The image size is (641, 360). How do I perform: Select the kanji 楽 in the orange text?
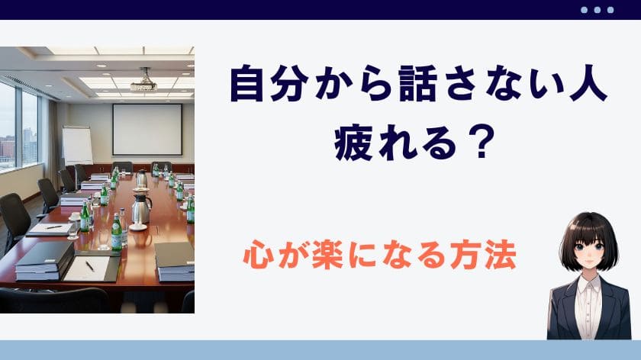[x=327, y=255]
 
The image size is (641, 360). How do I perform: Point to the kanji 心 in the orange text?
[x=259, y=255]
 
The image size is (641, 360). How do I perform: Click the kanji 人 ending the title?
[x=588, y=85]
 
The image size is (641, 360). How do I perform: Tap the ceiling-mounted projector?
[x=143, y=83]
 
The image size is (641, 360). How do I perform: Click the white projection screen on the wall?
[x=147, y=130]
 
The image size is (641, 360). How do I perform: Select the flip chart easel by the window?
[x=77, y=146]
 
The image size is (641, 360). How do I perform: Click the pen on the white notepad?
[x=90, y=266]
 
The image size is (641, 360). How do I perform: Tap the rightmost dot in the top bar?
[x=610, y=10]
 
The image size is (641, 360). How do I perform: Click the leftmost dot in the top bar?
[x=585, y=10]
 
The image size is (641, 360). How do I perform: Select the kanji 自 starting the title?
[x=247, y=85]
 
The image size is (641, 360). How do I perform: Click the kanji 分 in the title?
[x=289, y=85]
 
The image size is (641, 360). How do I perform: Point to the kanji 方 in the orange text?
[x=465, y=255]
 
